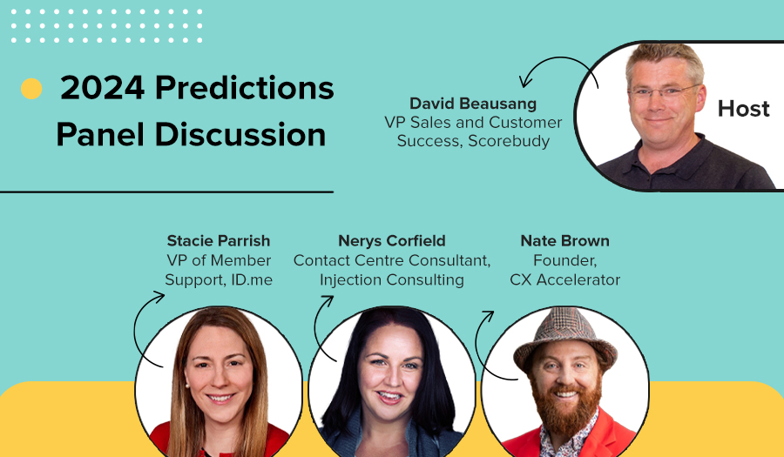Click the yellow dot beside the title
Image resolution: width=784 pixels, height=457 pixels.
31,89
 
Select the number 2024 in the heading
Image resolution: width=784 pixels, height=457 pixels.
103,88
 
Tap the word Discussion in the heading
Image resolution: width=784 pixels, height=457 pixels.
240,135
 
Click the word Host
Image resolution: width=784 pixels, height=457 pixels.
744,109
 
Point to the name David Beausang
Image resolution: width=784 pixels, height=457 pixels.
473,104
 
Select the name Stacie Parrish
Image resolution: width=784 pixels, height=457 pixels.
219,241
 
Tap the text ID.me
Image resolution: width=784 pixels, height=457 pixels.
252,279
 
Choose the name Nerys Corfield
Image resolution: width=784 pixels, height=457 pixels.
392,241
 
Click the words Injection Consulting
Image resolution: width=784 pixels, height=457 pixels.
392,279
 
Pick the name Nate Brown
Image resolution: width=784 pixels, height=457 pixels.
565,241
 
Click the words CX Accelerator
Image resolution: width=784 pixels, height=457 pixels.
565,279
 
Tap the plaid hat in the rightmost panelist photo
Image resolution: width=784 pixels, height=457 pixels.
565,337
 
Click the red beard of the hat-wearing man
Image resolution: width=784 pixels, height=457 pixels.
566,407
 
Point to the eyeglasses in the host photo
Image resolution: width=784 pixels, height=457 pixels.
665,91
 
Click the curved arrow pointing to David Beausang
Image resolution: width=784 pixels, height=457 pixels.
558,58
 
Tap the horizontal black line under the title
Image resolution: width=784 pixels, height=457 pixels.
166,192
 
